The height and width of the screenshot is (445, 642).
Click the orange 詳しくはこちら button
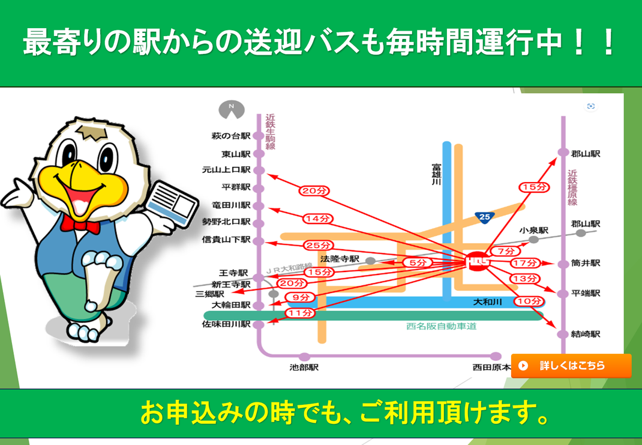pyautogui.click(x=571, y=366)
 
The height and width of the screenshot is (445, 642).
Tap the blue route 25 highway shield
pyautogui.click(x=484, y=217)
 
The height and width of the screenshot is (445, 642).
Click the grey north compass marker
pyautogui.click(x=232, y=109)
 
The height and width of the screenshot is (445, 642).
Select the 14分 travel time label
pyautogui.click(x=318, y=219)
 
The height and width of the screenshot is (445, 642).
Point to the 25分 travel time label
pyautogui.click(x=319, y=246)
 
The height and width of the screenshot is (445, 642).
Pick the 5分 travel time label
pyautogui.click(x=417, y=262)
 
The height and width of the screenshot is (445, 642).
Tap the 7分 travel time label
pyautogui.click(x=506, y=251)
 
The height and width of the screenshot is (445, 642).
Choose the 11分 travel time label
pyautogui.click(x=300, y=313)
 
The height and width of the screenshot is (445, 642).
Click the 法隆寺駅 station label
pyautogui.click(x=340, y=259)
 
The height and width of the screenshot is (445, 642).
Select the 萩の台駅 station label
pyautogui.click(x=231, y=136)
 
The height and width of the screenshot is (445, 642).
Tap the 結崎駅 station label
pyautogui.click(x=586, y=335)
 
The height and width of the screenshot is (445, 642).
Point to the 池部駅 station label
pyautogui.click(x=304, y=368)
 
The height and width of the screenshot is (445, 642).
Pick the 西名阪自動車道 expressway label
pyautogui.click(x=442, y=327)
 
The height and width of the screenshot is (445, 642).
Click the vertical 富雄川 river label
pyautogui.click(x=436, y=175)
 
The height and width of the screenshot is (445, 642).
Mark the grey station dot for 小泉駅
pyautogui.click(x=533, y=240)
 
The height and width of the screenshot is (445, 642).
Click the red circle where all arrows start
pyautogui.click(x=478, y=261)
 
